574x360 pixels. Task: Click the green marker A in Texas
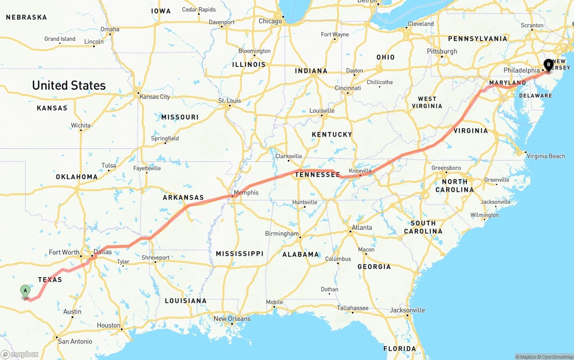coord(26,291)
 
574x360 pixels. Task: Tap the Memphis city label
coord(246,193)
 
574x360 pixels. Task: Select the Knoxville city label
coord(360,171)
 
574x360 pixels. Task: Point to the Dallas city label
coord(103,252)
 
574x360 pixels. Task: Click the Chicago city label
coord(270,21)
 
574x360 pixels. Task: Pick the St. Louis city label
coord(230,100)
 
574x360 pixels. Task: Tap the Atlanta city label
coord(361,227)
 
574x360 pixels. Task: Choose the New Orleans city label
coord(232,319)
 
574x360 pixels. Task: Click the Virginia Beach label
coord(546,156)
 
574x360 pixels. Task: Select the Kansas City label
coord(155,97)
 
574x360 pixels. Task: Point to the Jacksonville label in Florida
coord(407,310)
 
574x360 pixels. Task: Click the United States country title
coord(69,85)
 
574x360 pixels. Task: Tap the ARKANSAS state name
coord(183,198)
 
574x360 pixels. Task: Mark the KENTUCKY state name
coord(332,134)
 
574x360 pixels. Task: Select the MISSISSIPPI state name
coord(239,254)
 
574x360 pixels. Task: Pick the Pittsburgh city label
coord(442,51)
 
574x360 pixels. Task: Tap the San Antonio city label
coord(75,341)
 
